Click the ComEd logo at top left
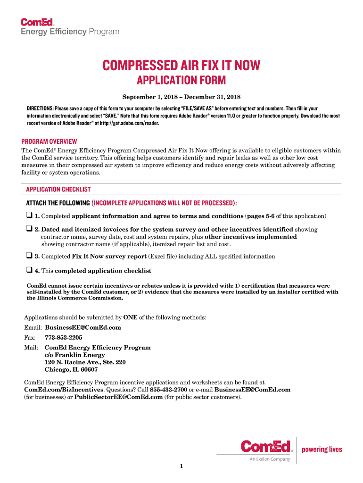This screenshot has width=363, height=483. [38, 22]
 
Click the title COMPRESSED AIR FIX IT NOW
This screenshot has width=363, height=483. [181, 65]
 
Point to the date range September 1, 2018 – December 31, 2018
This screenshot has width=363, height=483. [181, 97]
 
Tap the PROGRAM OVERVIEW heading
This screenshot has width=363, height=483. [49, 142]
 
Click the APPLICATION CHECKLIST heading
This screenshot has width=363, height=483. [58, 189]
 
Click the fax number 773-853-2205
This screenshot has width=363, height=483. [63, 338]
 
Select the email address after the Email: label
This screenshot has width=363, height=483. [82, 327]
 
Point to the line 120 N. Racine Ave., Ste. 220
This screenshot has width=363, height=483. [85, 362]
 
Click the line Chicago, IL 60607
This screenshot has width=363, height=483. [71, 370]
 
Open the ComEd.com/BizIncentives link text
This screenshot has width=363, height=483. [63, 390]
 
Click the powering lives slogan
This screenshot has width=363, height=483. [322, 449]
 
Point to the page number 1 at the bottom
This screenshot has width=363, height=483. [181, 467]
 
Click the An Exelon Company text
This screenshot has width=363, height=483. [270, 459]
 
